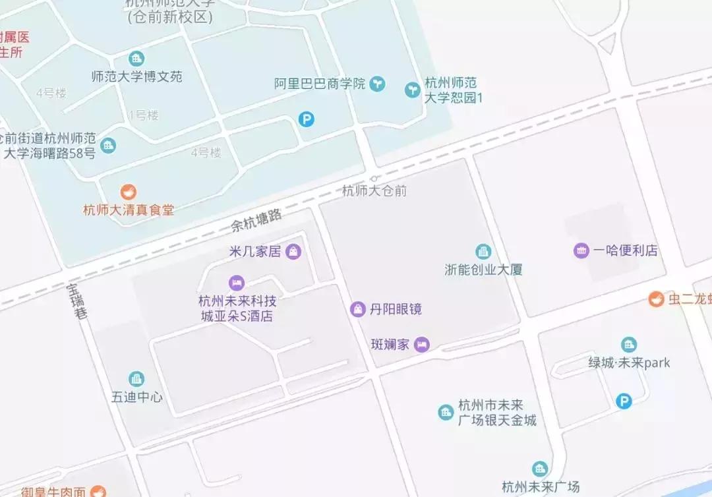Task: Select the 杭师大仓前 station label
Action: [x=374, y=191]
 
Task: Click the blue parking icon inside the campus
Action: [x=307, y=119]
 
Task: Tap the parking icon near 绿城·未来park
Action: [x=623, y=401]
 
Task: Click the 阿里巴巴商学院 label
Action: [x=320, y=84]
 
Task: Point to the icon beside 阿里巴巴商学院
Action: [x=377, y=84]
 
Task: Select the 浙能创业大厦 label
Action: [x=483, y=270]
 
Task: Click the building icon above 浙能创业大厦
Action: [x=483, y=251]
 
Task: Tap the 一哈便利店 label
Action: [x=625, y=250]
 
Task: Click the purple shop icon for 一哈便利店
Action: [x=581, y=250]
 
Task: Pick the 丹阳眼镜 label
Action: [x=396, y=308]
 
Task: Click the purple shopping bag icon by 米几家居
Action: [x=293, y=250]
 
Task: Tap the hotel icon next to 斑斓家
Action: [x=422, y=344]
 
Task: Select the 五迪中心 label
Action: [x=136, y=397]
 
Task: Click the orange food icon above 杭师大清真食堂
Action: [x=128, y=192]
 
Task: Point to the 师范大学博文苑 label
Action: [x=136, y=76]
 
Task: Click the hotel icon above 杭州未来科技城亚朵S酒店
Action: [x=236, y=283]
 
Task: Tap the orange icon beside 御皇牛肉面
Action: [x=98, y=491]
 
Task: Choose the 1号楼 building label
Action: [x=144, y=115]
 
